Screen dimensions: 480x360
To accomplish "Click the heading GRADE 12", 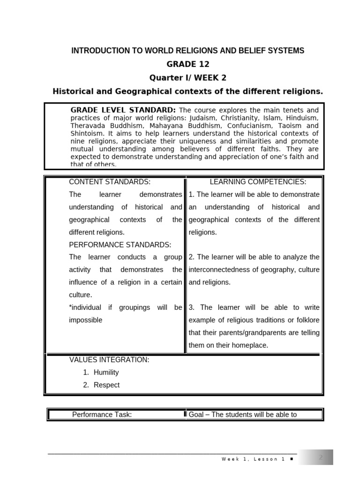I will (187, 64).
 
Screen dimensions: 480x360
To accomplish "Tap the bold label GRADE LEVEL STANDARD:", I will (123, 110).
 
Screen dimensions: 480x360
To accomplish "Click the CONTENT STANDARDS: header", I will (110, 182).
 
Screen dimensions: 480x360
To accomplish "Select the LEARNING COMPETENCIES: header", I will (258, 182).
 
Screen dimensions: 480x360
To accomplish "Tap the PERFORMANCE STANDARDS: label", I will (120, 245).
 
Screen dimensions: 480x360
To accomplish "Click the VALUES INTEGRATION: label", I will (109, 360).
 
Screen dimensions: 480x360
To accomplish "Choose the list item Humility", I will (106, 372).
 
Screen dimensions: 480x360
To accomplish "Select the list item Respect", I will (106, 385).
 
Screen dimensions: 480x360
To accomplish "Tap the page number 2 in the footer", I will (321, 457).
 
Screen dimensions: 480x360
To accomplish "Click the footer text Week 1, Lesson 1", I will (253, 459).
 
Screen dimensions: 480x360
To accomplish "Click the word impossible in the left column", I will (86, 320).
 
